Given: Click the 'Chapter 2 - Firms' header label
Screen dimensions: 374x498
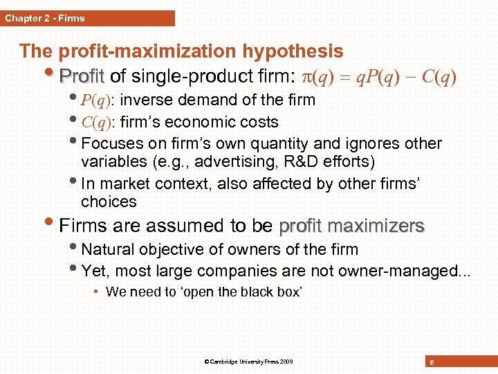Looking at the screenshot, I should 45,18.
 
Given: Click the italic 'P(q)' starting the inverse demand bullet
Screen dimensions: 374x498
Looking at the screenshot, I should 96,100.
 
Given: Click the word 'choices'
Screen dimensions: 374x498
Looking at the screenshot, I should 109,202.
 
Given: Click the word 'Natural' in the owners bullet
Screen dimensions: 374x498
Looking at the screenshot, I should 108,249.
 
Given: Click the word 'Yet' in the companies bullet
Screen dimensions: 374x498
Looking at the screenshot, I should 94,271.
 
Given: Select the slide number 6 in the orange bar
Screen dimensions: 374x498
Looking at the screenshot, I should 432,362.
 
